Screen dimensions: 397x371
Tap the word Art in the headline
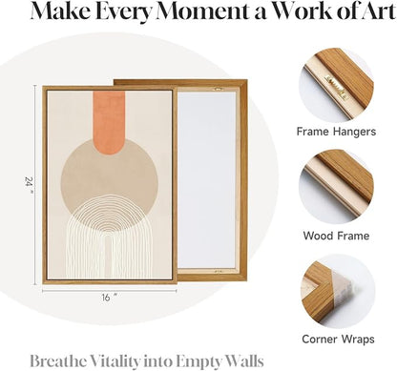click(376, 11)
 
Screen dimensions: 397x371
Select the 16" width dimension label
click(110, 298)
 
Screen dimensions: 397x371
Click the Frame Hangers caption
click(336, 132)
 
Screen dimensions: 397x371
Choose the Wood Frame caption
click(336, 236)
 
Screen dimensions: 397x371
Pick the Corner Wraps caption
click(338, 339)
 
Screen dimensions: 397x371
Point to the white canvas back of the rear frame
click(207, 180)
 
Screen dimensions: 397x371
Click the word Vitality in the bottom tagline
click(115, 361)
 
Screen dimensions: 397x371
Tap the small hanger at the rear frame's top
click(218, 89)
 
